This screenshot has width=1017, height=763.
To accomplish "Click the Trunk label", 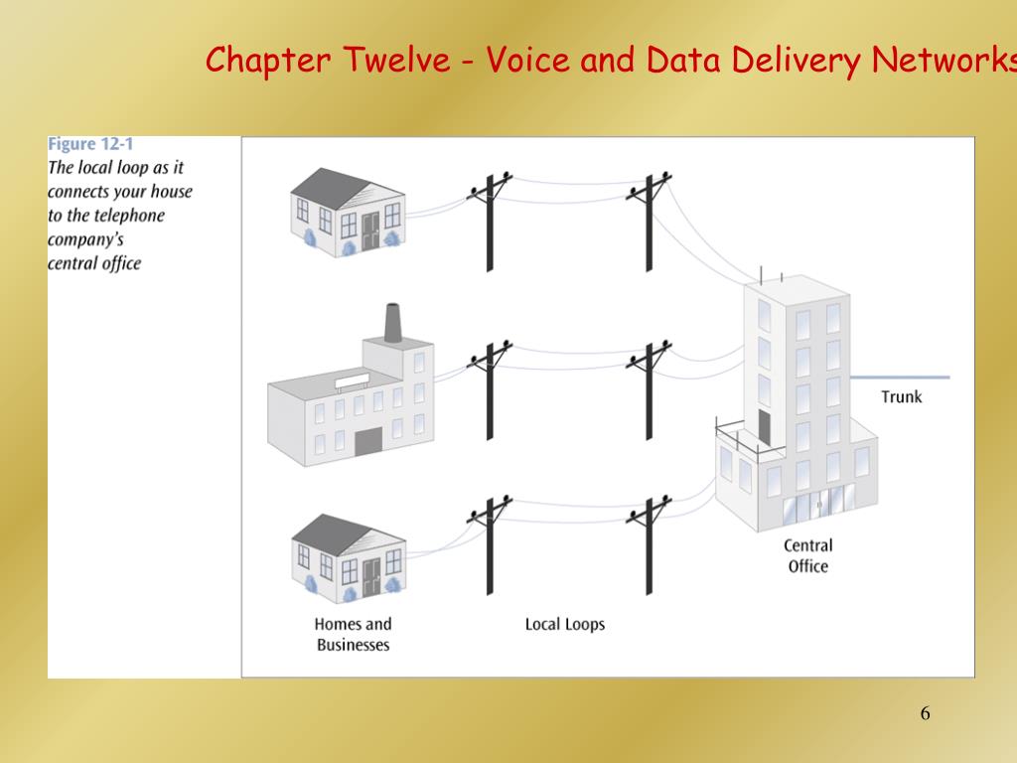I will click(901, 396).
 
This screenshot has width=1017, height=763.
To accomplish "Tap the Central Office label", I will click(807, 555).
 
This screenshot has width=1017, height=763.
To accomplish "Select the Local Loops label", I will click(564, 624).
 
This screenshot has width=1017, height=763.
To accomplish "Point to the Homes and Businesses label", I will click(353, 634).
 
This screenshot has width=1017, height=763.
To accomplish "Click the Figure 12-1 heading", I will click(90, 144).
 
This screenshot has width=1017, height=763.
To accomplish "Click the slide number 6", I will click(925, 713).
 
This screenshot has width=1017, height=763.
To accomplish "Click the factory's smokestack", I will click(393, 323).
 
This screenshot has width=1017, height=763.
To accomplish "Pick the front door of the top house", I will click(370, 231).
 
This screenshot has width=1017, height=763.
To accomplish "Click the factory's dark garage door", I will click(368, 440).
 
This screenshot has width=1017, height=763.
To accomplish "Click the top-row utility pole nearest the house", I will click(490, 224).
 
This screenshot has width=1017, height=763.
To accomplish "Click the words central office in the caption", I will click(94, 263).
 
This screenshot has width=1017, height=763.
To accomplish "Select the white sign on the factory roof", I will click(353, 382).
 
